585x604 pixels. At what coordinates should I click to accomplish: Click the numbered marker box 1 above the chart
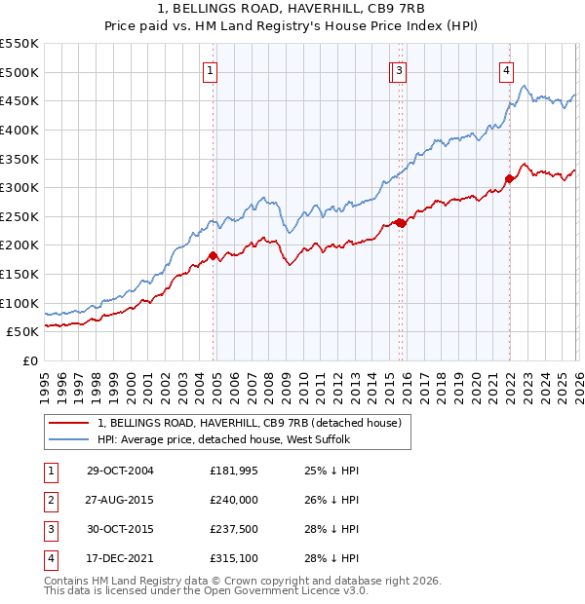(x=212, y=69)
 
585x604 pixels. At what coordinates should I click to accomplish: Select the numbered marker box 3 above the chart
(x=401, y=69)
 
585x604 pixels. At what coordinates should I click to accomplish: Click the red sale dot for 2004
(x=214, y=256)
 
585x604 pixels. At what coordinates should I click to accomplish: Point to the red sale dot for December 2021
(x=509, y=178)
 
